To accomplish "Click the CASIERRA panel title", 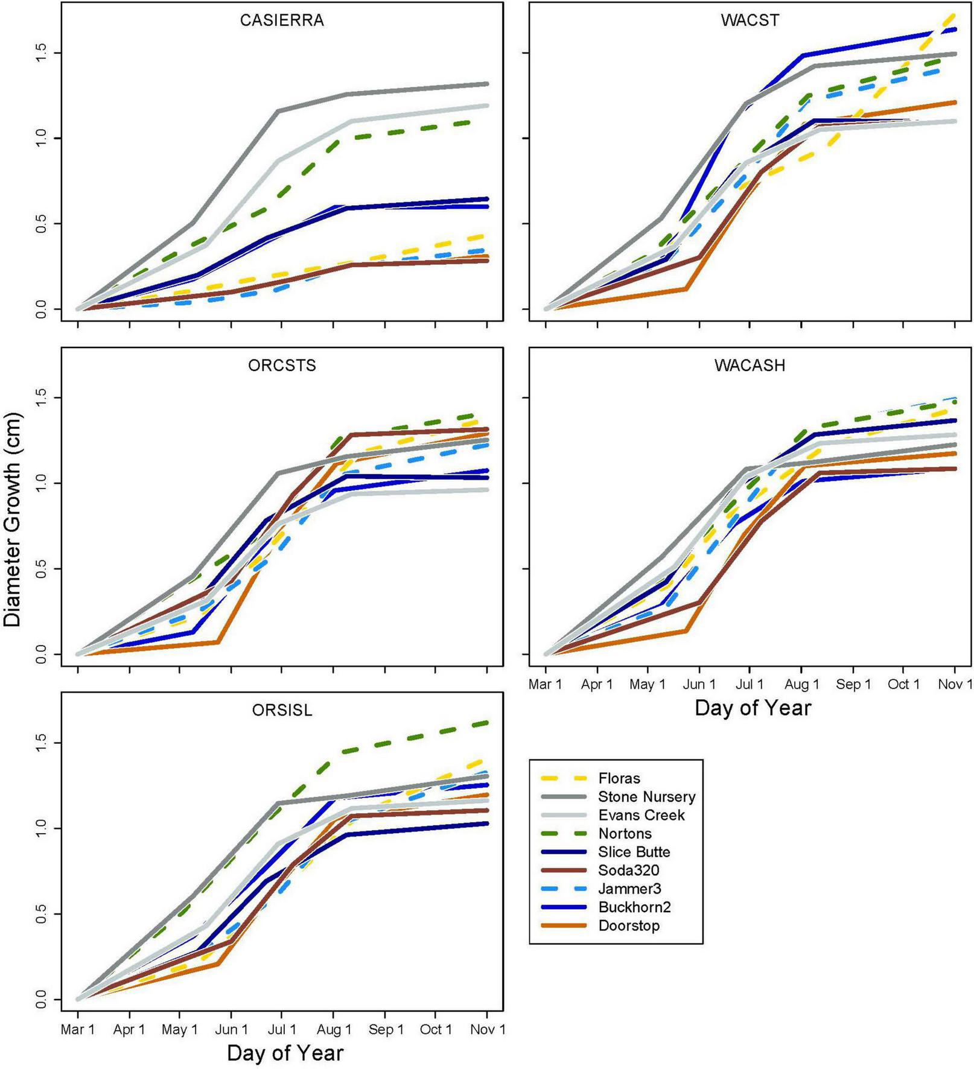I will point(282,21).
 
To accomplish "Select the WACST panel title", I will point(750,21).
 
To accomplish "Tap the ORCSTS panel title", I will point(282,366).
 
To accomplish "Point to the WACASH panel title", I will point(750,366).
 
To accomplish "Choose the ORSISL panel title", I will point(282,710).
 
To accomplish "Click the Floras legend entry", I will point(619,778).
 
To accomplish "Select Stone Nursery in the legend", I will point(646,797).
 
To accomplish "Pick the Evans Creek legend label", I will point(641,815).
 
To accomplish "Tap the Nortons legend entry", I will point(625,834).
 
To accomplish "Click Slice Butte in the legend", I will point(634,852).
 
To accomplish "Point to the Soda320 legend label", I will point(628,871).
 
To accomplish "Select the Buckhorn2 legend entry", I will point(634,907).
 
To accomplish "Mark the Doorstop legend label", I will point(629,925).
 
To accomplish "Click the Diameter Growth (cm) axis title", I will point(12,519).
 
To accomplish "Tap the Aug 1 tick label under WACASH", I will point(801,684).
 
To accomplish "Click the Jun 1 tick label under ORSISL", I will point(231,1029).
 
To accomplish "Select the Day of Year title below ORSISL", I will point(285,1053).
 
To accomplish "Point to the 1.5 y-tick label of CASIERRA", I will point(40,53).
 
